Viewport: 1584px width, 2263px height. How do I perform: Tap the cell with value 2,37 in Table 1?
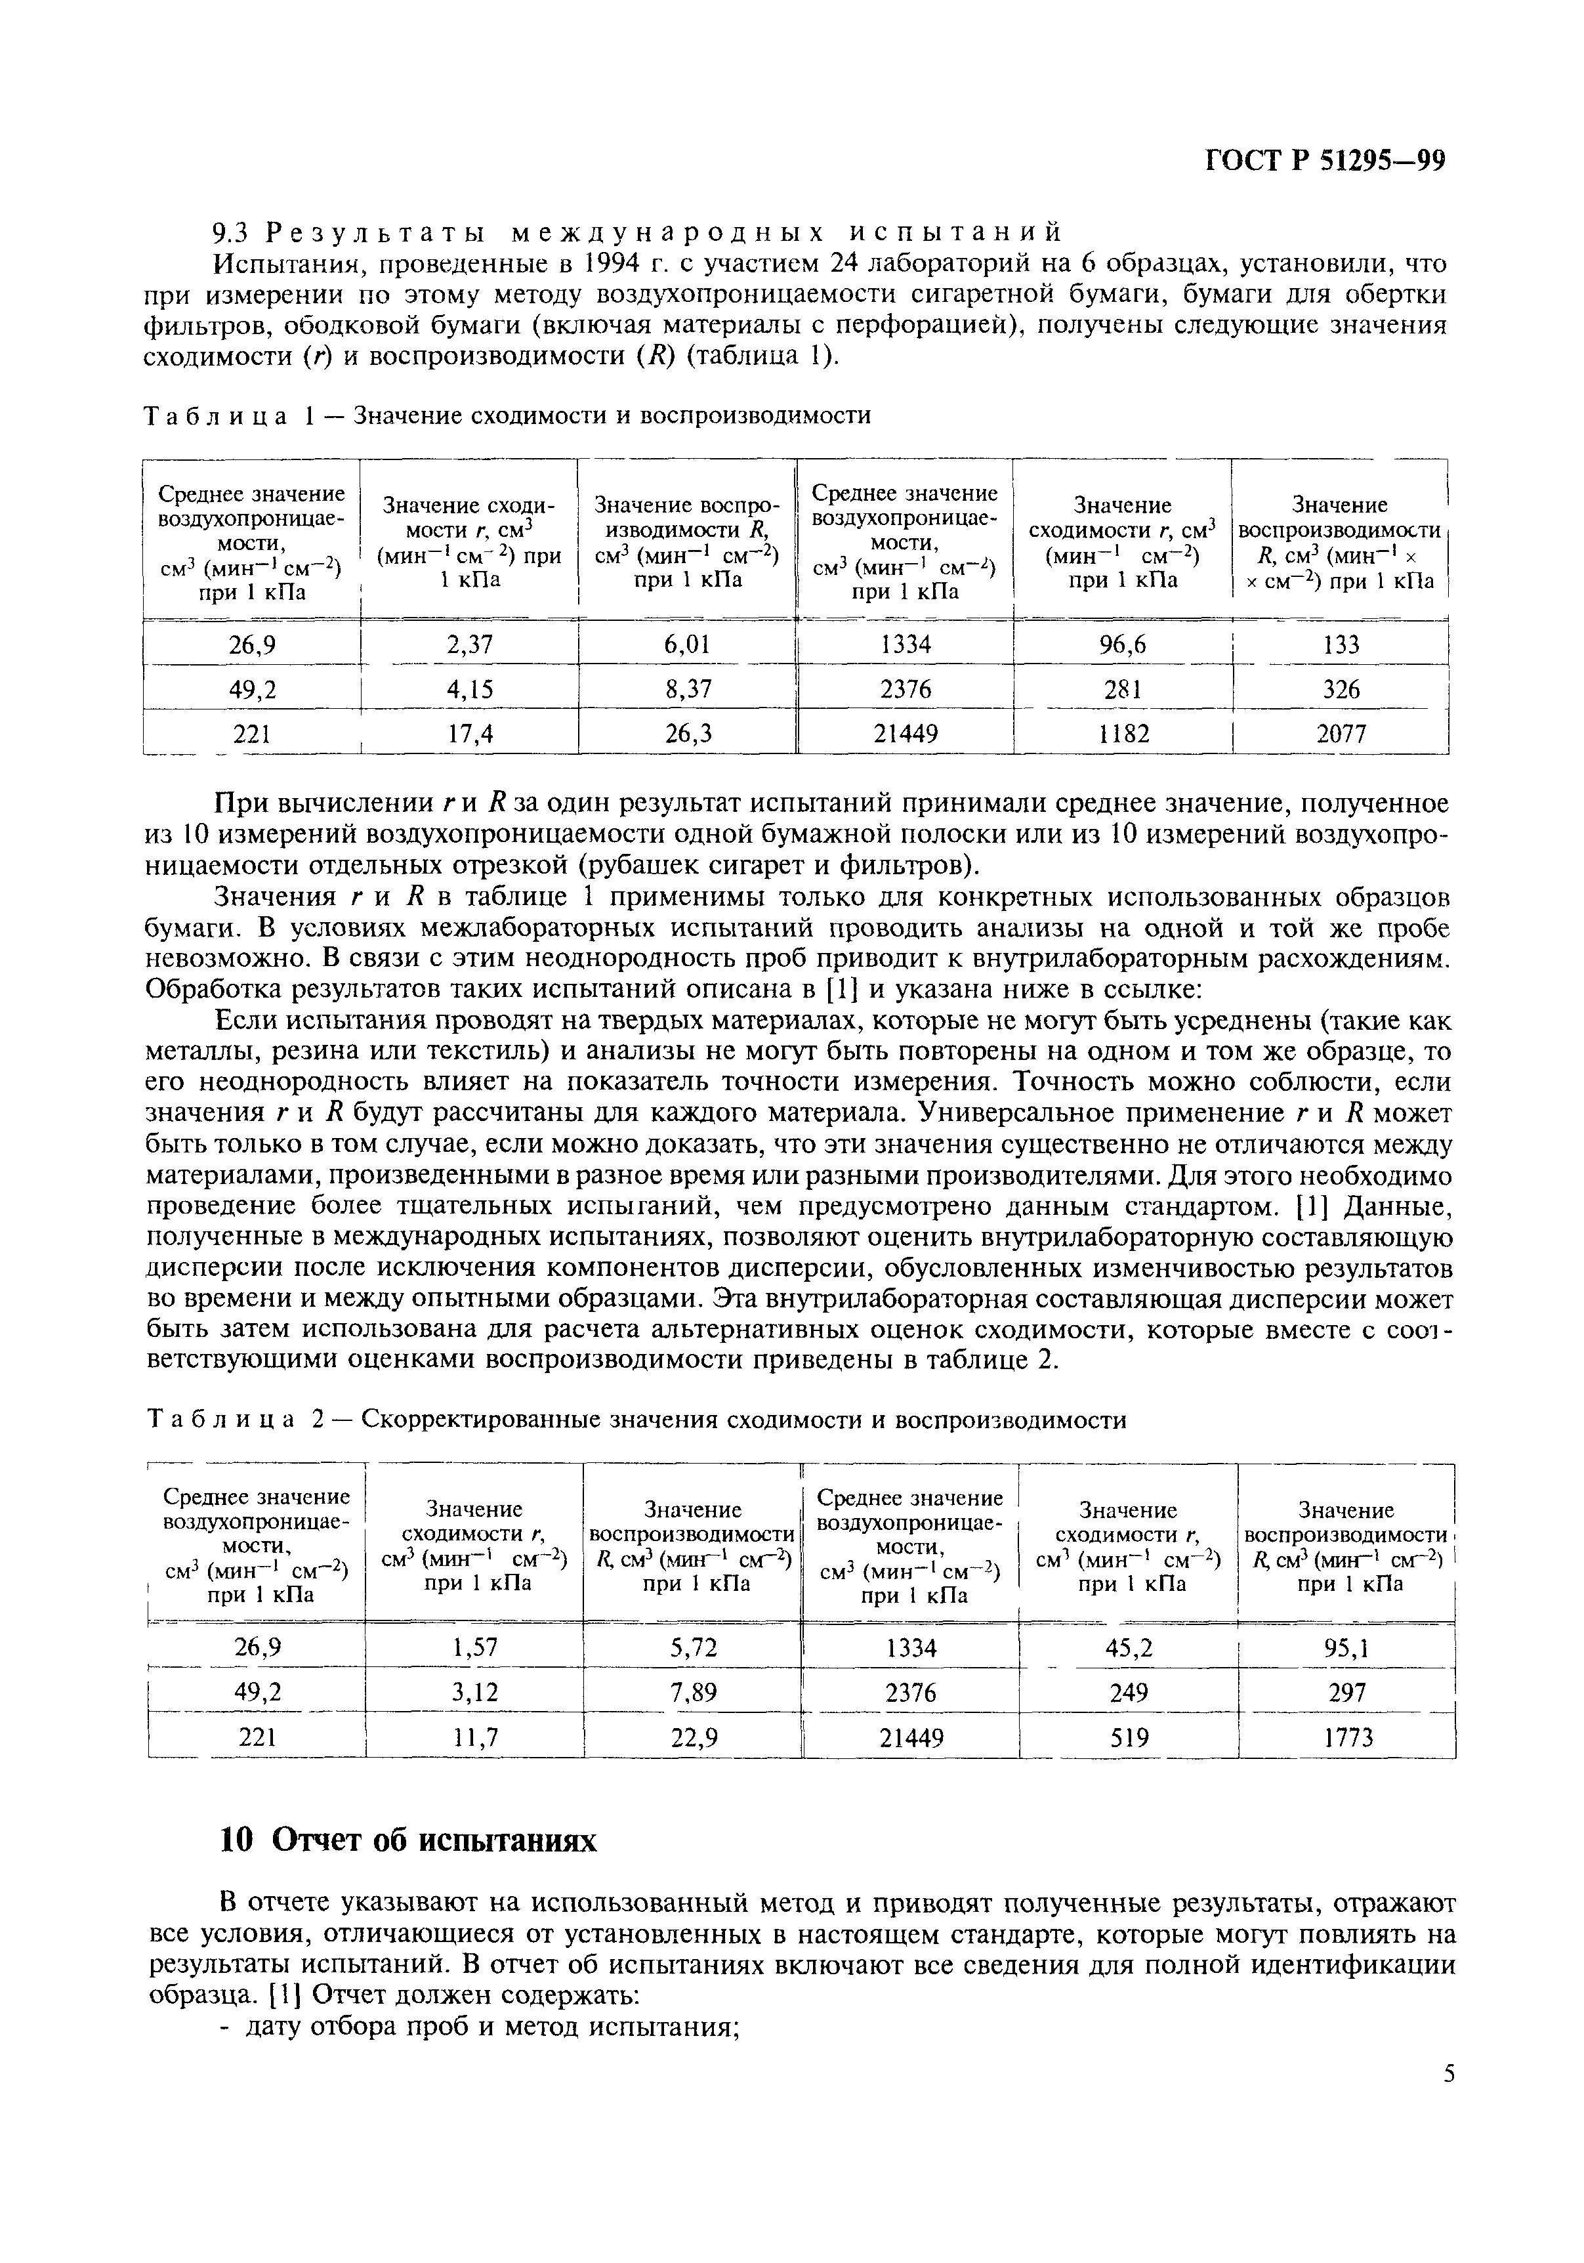[469, 645]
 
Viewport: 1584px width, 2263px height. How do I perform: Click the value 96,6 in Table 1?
[1123, 645]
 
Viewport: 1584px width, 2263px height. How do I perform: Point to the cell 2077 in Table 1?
[1341, 733]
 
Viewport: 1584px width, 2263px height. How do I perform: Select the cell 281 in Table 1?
[1123, 689]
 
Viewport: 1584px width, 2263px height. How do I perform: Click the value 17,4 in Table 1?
[469, 733]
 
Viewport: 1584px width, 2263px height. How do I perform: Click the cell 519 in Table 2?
[1129, 1737]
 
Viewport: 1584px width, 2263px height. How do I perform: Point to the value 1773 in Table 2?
[1347, 1737]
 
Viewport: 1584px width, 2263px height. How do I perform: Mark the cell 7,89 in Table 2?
[693, 1692]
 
